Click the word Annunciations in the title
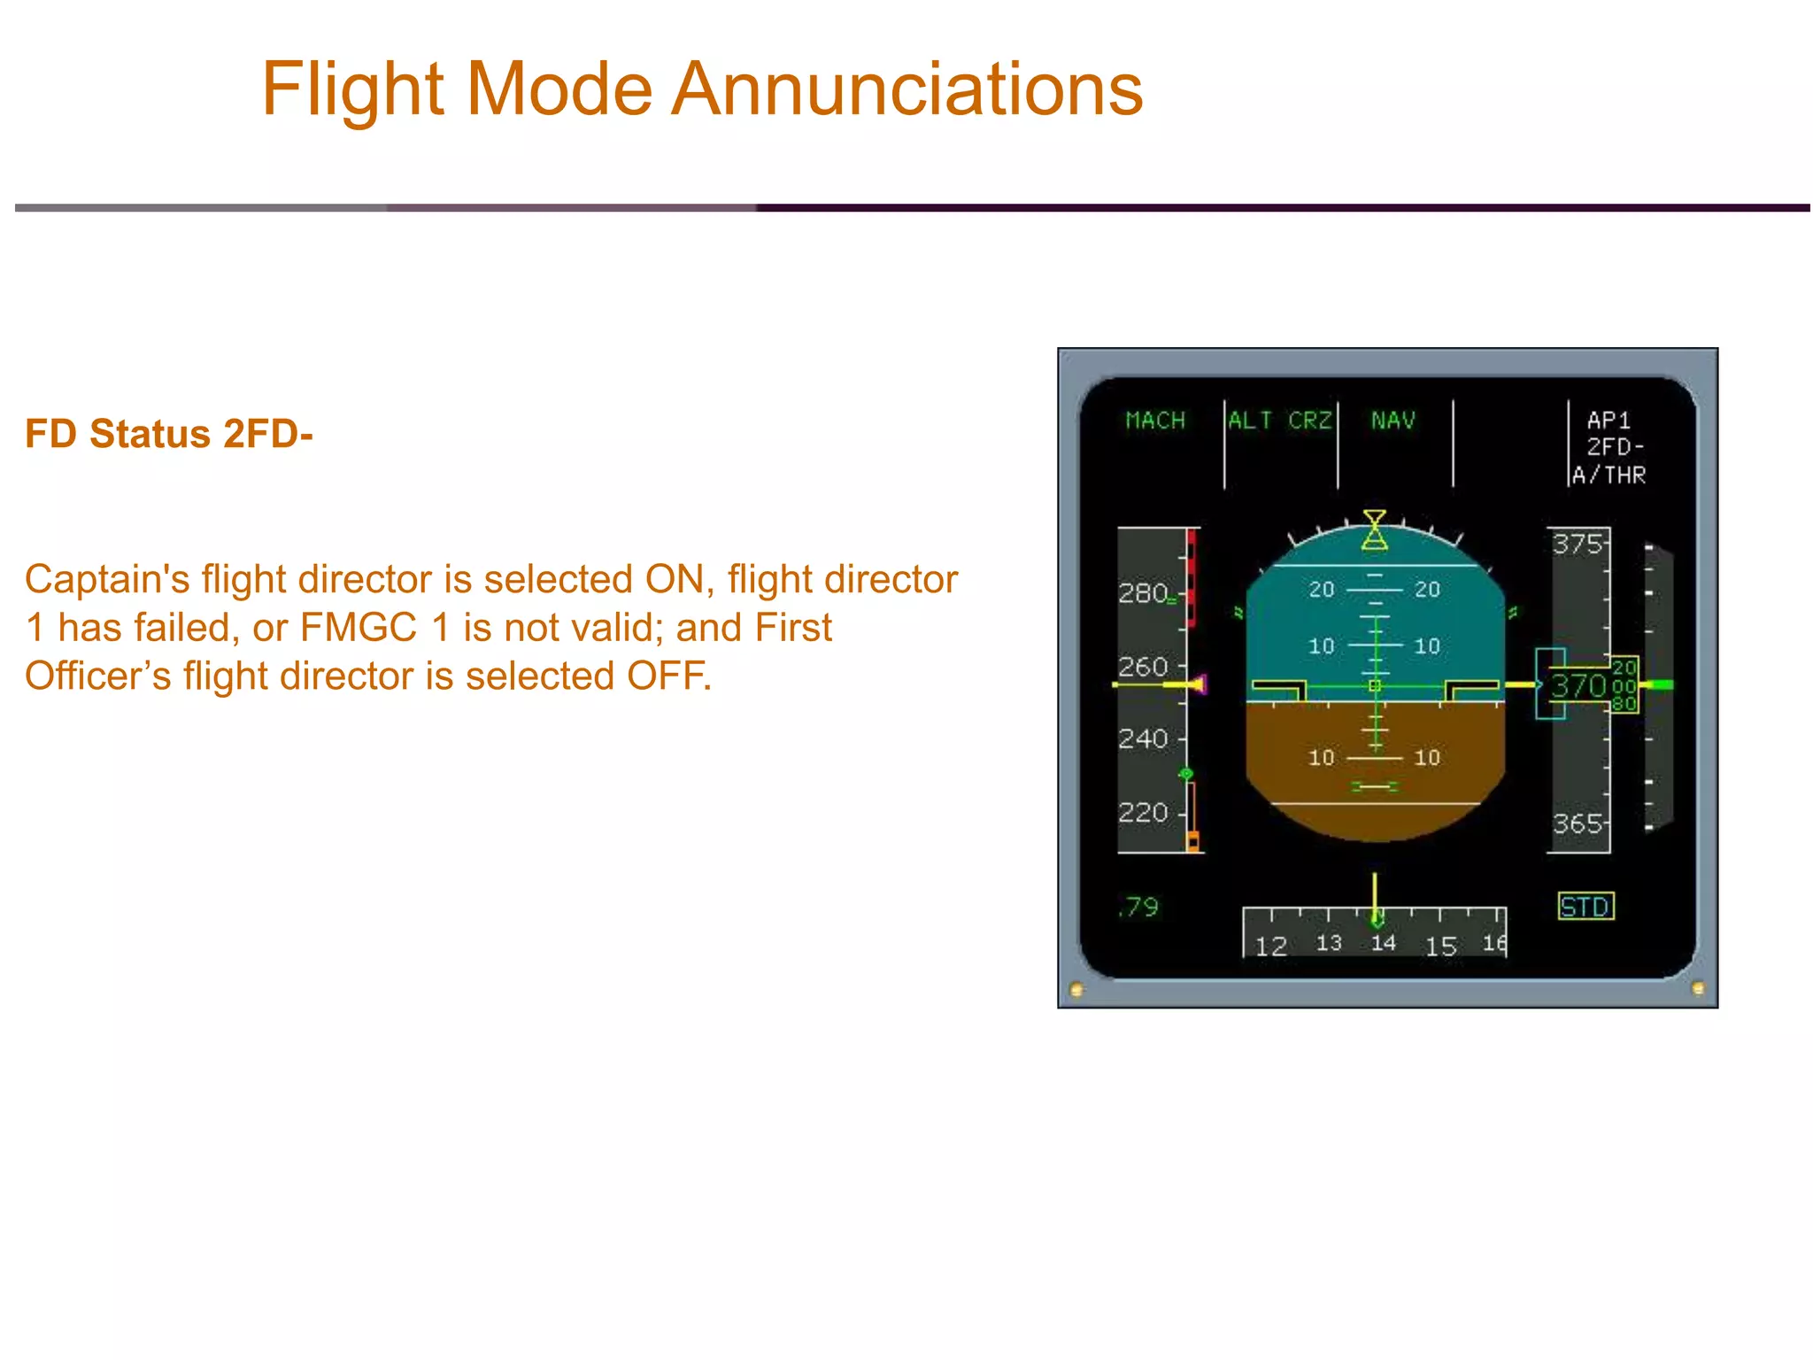(x=906, y=90)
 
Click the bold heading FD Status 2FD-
(x=168, y=434)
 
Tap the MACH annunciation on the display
(x=1154, y=421)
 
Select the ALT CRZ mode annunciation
(x=1279, y=421)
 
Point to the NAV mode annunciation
(x=1393, y=421)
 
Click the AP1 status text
(x=1608, y=420)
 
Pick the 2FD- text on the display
(x=1614, y=447)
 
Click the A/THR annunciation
(x=1609, y=475)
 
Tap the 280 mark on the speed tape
(x=1142, y=593)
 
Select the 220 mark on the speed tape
(x=1142, y=812)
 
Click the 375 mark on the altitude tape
(x=1577, y=544)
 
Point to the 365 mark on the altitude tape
(x=1577, y=824)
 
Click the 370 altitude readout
(x=1578, y=686)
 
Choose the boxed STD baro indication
(x=1585, y=907)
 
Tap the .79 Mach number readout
(x=1138, y=907)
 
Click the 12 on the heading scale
(x=1270, y=947)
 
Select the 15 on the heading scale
(x=1440, y=947)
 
